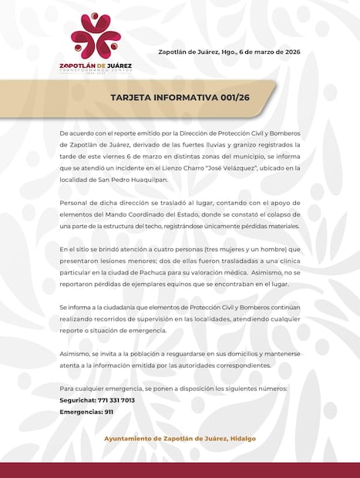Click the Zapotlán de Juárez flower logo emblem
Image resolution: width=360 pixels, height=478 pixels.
96,35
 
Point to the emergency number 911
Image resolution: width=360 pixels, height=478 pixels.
109,412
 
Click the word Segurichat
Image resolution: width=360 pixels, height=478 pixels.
77,400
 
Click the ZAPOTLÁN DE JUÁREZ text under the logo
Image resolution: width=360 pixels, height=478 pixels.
96,66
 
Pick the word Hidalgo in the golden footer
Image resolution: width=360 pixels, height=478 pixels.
241,438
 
